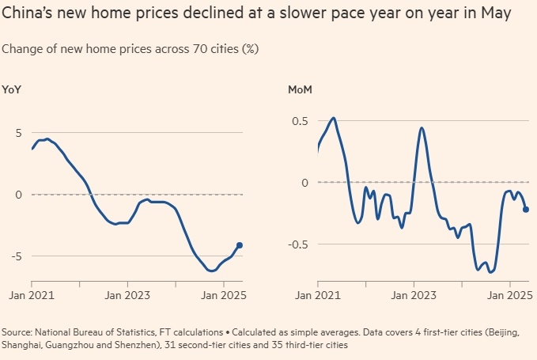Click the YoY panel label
(x=12, y=89)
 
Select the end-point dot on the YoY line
(x=240, y=245)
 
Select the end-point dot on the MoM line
(x=526, y=210)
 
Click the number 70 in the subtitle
(x=195, y=49)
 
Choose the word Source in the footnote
(x=18, y=333)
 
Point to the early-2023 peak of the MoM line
(x=422, y=127)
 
